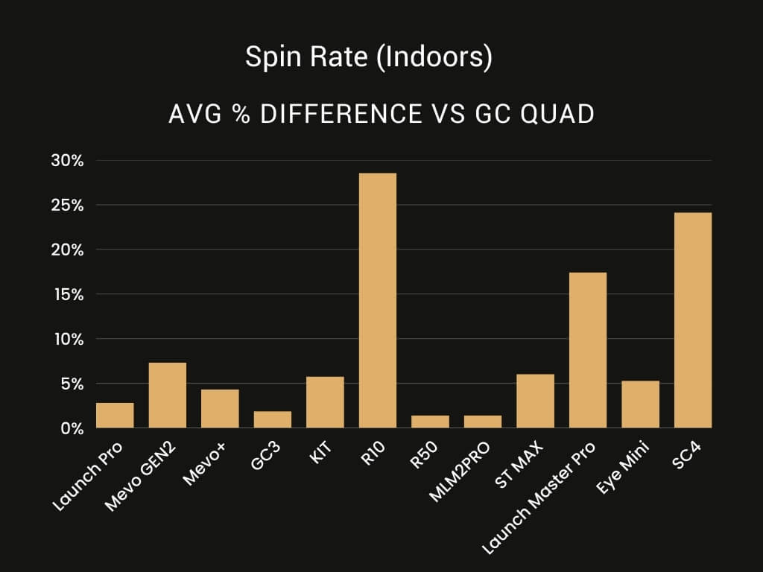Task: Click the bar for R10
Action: pos(378,301)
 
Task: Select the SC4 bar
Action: pos(692,320)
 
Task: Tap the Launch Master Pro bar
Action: pos(588,350)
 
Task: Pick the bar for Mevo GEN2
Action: pos(168,395)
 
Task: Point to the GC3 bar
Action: pos(273,419)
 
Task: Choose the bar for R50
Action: pos(430,422)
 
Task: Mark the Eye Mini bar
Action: pos(640,404)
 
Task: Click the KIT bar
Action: pos(325,402)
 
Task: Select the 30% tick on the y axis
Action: pos(67,161)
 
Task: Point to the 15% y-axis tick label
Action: pos(67,294)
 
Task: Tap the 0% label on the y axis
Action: pos(72,428)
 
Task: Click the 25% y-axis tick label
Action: pos(67,205)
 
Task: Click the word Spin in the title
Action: pos(266,58)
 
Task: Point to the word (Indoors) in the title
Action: pos(434,58)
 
